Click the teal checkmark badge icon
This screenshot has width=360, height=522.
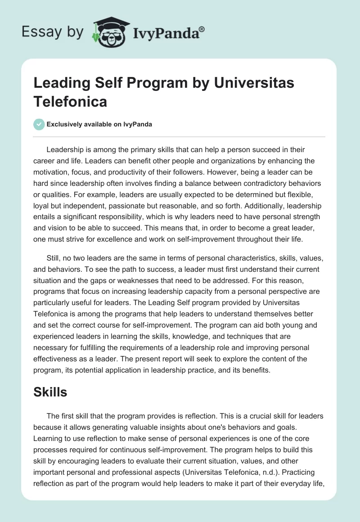pyautogui.click(x=39, y=124)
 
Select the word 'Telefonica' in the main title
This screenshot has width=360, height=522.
pyautogui.click(x=70, y=101)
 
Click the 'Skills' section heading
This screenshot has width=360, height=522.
pyautogui.click(x=50, y=392)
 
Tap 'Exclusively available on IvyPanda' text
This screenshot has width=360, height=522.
pyautogui.click(x=99, y=125)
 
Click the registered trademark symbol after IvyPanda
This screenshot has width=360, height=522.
pyautogui.click(x=202, y=29)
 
